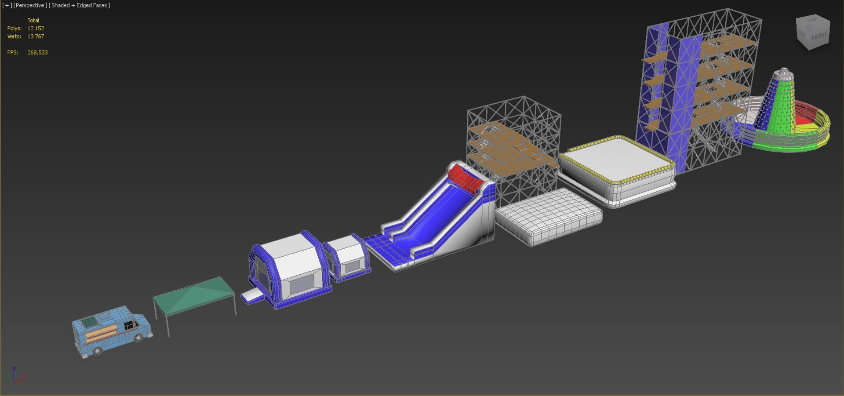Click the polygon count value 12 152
pos(36,29)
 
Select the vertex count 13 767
pos(36,36)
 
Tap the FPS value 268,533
pos(37,52)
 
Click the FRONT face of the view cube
pos(819,36)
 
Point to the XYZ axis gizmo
pos(15,376)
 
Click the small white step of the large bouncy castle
pos(251,296)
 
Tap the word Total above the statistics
pos(33,20)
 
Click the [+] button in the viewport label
pos(7,5)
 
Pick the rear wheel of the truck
pos(97,351)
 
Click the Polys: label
pos(15,29)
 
